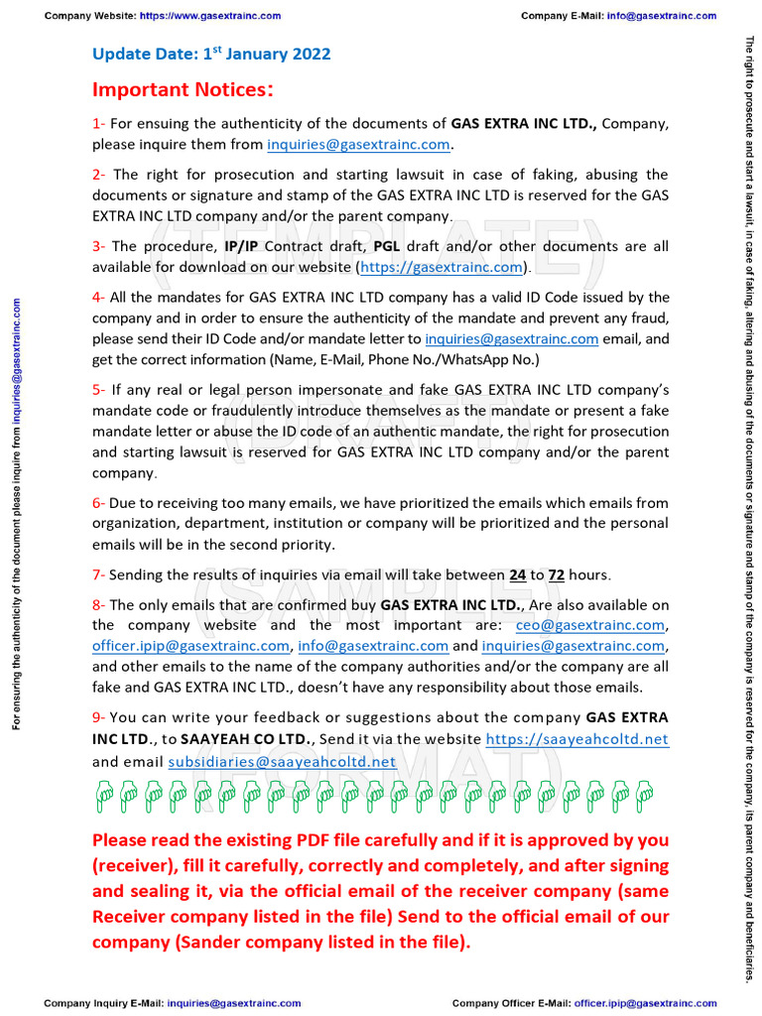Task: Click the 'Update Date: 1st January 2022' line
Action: (x=211, y=55)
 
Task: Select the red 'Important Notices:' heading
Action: (x=183, y=90)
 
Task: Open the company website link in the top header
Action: (x=209, y=16)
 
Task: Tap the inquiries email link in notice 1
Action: (x=359, y=145)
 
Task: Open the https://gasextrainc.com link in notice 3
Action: (x=441, y=267)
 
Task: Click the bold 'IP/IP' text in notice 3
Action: (x=244, y=246)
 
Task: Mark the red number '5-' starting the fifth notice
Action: (x=99, y=390)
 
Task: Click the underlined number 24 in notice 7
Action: (x=518, y=575)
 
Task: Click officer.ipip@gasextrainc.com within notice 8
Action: (x=190, y=646)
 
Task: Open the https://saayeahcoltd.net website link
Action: (x=576, y=739)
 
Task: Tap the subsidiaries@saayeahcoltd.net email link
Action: (x=282, y=761)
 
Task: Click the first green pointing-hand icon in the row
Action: (x=104, y=792)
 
